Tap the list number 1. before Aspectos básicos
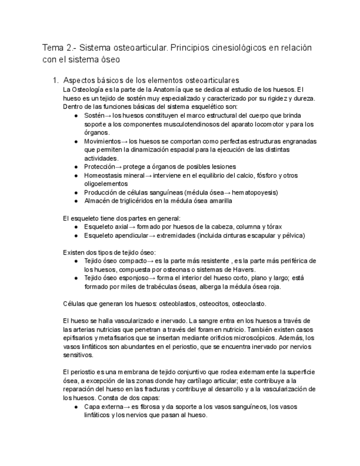point(54,80)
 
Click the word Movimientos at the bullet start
point(103,141)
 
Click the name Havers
point(242,270)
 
